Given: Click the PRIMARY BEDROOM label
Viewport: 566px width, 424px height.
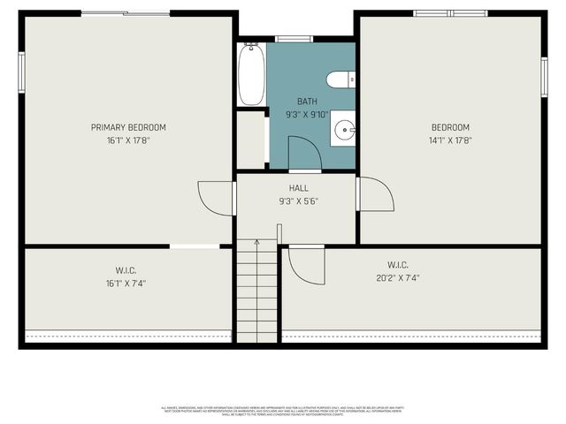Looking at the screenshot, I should pyautogui.click(x=128, y=127).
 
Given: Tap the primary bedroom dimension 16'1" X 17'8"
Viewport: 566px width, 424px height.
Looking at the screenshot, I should pyautogui.click(x=128, y=140).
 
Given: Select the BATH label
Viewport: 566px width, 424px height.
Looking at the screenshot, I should pyautogui.click(x=306, y=102).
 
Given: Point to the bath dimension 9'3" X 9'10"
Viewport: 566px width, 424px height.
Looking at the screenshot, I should pyautogui.click(x=306, y=114).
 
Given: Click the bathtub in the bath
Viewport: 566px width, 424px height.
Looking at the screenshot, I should pyautogui.click(x=251, y=74).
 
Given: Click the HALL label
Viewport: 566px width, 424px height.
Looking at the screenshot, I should pyautogui.click(x=298, y=188).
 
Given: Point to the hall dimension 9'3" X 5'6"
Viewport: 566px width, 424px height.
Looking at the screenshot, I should pyautogui.click(x=298, y=201).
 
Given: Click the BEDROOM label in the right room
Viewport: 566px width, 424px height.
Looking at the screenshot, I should pyautogui.click(x=450, y=127).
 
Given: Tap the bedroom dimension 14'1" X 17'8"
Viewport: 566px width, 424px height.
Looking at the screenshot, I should pyautogui.click(x=450, y=140).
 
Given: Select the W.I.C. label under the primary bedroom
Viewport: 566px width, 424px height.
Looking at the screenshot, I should pyautogui.click(x=126, y=270).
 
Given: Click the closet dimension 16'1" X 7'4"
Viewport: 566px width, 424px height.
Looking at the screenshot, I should pyautogui.click(x=126, y=283).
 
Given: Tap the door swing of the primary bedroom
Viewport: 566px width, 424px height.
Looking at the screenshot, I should pyautogui.click(x=215, y=198).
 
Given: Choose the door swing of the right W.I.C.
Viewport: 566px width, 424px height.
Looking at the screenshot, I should pyautogui.click(x=306, y=265).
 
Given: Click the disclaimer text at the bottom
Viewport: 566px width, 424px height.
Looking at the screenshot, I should pyautogui.click(x=282, y=411).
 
